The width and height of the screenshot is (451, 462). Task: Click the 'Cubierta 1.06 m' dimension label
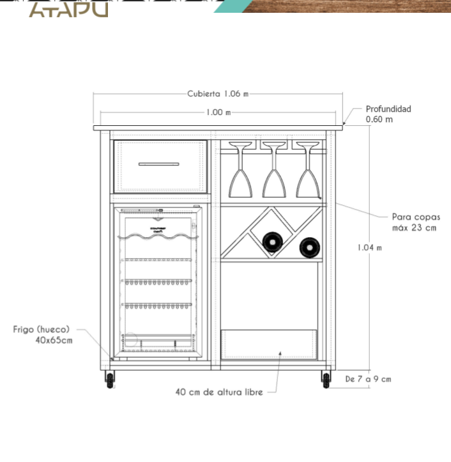click(x=217, y=94)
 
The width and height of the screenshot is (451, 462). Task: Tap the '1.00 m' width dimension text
click(x=218, y=112)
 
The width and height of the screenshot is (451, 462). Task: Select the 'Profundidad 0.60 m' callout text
click(x=388, y=114)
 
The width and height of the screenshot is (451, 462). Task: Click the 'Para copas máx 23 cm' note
click(x=415, y=222)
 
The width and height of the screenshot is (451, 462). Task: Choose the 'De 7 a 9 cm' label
click(x=368, y=379)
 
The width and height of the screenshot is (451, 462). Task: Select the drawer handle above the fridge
click(x=159, y=164)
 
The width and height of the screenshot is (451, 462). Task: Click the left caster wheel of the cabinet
click(x=111, y=380)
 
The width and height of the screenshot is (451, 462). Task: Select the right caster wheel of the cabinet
click(x=326, y=380)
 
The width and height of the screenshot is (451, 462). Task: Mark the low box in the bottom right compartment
click(x=270, y=344)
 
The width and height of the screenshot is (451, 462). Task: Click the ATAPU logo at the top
click(x=69, y=9)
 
